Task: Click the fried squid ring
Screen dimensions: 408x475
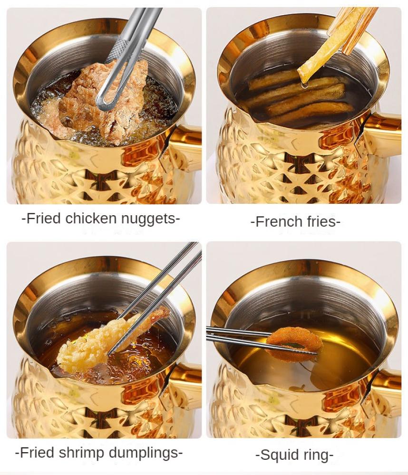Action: click(x=294, y=342)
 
